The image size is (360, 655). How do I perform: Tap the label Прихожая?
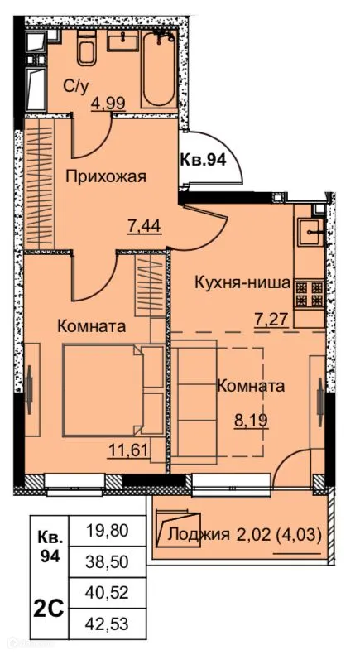106,176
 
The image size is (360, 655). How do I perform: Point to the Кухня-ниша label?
242,282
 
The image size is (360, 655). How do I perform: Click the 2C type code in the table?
50,607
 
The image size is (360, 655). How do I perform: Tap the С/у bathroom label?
76,85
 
